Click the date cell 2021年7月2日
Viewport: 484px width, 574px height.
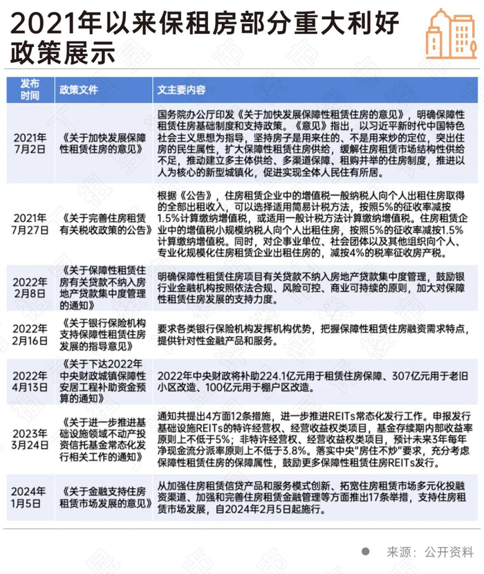tap(30, 143)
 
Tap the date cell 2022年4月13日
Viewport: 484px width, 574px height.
tap(30, 376)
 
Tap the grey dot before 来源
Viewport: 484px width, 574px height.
tap(366, 552)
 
